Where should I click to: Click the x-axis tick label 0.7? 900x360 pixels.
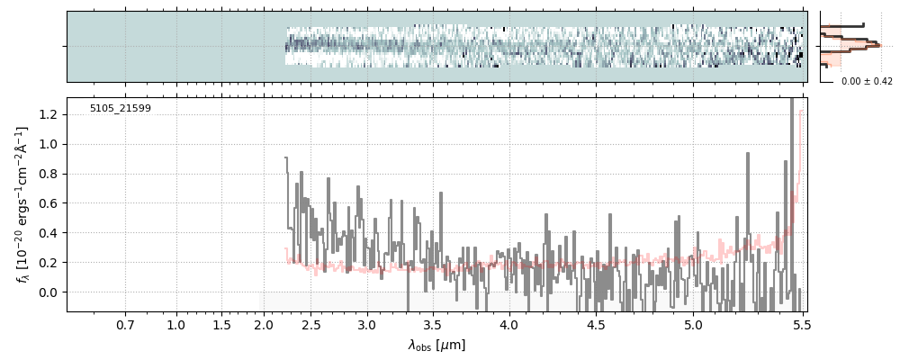(125, 324)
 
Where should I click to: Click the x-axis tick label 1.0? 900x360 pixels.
(176, 324)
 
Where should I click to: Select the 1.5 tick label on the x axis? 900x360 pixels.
(222, 324)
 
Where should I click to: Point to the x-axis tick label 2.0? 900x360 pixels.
(263, 324)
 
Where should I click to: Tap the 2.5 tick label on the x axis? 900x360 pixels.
(311, 324)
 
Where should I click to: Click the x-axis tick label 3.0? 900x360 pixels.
(366, 324)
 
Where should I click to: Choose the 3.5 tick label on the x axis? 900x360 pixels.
(432, 324)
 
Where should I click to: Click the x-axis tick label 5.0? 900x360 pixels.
(693, 324)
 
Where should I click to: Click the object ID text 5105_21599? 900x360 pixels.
(120, 109)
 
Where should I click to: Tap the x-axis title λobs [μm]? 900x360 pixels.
(436, 345)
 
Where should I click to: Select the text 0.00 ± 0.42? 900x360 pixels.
(867, 81)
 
